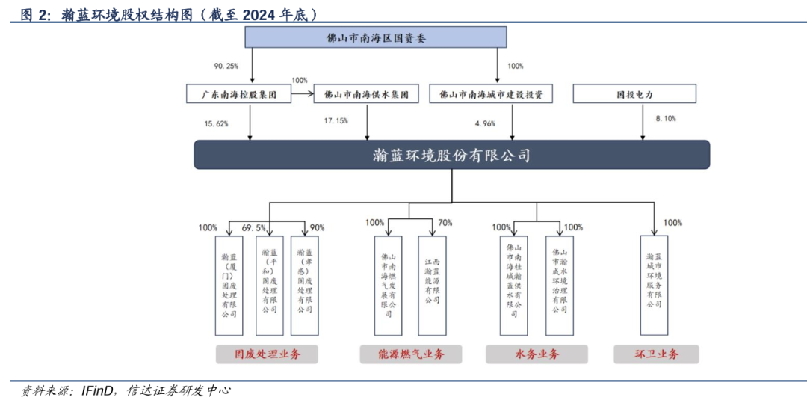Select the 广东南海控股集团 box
(237, 94)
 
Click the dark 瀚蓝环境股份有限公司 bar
(451, 155)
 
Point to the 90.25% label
(226, 66)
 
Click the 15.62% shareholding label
(216, 123)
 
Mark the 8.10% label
(665, 118)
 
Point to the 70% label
(446, 222)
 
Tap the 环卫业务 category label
(657, 354)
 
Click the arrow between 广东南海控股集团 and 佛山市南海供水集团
(301, 94)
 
